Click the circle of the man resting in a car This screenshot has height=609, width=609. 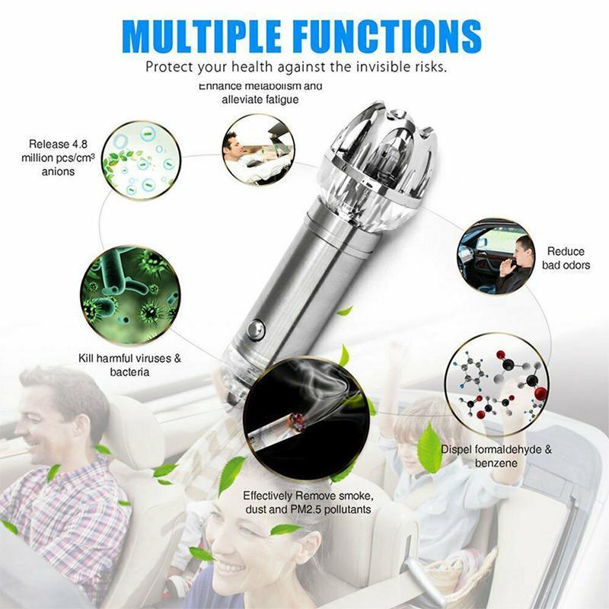coord(258,149)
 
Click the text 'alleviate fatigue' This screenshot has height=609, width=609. coord(260,100)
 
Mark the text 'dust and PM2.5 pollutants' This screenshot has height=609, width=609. coord(307,509)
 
